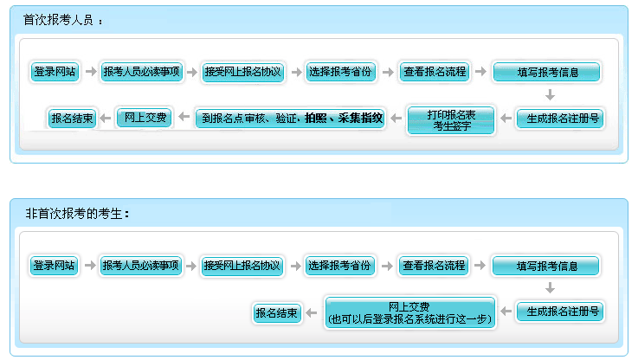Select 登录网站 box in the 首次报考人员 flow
click(x=55, y=72)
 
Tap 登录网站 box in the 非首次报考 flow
click(x=54, y=266)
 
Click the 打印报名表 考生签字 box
click(x=451, y=120)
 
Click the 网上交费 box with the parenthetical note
click(x=409, y=313)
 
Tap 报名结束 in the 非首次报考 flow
click(x=277, y=312)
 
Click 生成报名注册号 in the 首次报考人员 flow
click(x=561, y=118)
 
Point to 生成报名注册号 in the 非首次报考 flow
click(x=560, y=312)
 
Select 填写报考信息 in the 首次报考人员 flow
click(x=547, y=73)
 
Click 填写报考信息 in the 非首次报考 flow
click(x=546, y=267)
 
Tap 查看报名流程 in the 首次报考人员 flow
click(x=435, y=72)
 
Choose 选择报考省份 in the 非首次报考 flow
click(x=339, y=266)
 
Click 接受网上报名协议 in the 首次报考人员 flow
click(x=243, y=72)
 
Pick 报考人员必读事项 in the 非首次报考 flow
click(x=140, y=266)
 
